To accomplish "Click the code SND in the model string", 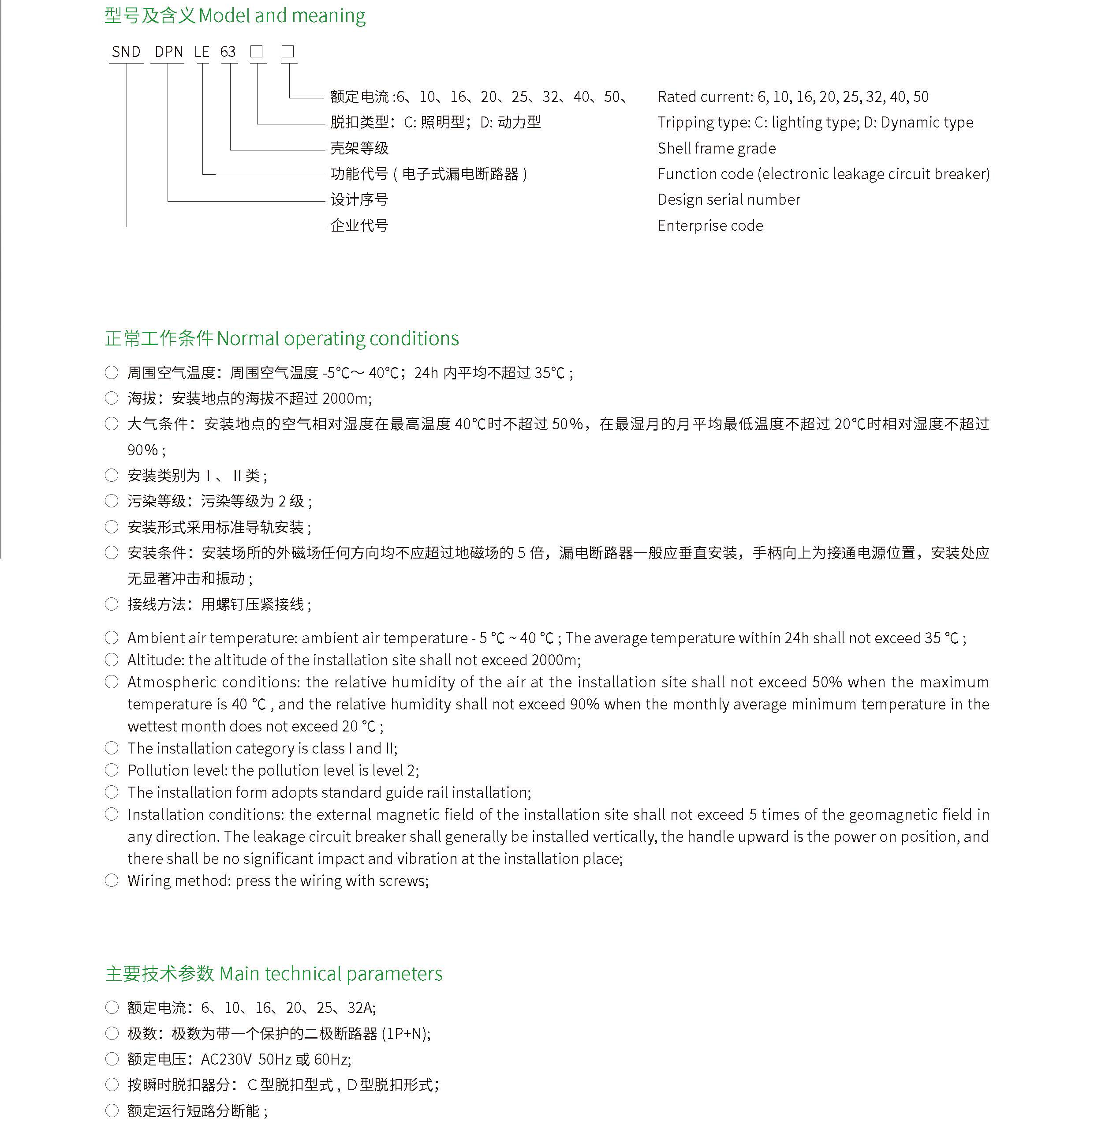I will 126,52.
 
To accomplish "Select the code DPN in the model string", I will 169,52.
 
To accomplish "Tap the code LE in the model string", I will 202,52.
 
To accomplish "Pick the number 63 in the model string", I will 228,52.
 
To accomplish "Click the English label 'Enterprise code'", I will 710,226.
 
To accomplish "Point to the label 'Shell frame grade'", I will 716,149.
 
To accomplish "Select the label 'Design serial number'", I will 728,200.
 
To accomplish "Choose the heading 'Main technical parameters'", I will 331,973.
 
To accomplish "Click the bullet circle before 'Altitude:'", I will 112,660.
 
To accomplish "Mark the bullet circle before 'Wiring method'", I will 112,880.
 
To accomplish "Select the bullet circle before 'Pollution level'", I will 112,770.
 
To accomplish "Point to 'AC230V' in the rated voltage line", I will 226,1059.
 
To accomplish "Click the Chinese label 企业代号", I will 359,226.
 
